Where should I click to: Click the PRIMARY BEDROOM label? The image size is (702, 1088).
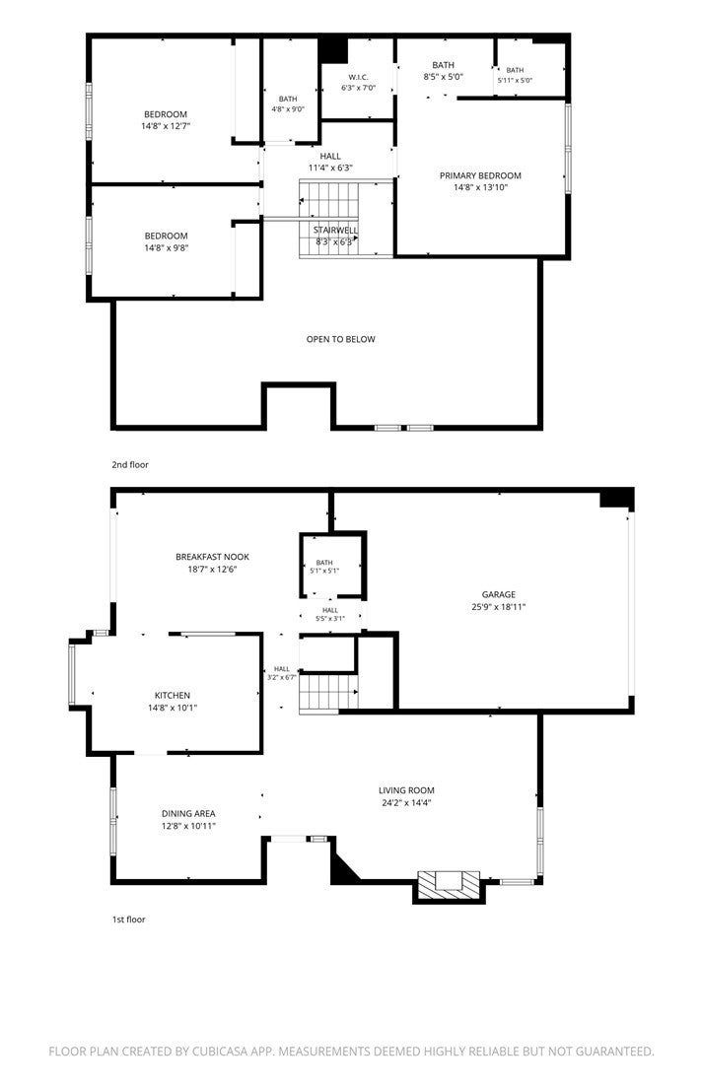point(480,175)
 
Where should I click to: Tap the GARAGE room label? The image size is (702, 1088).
point(499,594)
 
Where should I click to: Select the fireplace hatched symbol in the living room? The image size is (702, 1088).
point(448,884)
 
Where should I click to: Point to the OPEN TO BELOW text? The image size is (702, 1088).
point(340,339)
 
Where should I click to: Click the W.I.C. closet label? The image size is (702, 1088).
point(358,77)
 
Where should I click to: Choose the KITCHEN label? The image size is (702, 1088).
point(173,695)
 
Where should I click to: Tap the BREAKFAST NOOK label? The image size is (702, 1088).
point(212,557)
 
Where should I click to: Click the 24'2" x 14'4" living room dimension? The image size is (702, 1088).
point(406,803)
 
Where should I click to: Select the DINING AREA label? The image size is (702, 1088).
point(188,813)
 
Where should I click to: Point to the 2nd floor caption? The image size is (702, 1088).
point(130,465)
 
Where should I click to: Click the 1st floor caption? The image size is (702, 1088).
point(129,919)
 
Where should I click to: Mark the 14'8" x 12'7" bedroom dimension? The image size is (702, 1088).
point(166,126)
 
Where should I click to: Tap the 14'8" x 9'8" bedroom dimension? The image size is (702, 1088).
point(166,247)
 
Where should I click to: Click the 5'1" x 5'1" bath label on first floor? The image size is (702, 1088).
point(324,571)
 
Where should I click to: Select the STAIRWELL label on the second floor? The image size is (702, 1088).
point(335,230)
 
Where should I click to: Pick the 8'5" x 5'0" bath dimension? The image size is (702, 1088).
point(443,77)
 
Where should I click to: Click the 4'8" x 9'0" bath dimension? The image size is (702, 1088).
point(288,109)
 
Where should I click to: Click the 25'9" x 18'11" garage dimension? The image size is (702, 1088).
point(499,607)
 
